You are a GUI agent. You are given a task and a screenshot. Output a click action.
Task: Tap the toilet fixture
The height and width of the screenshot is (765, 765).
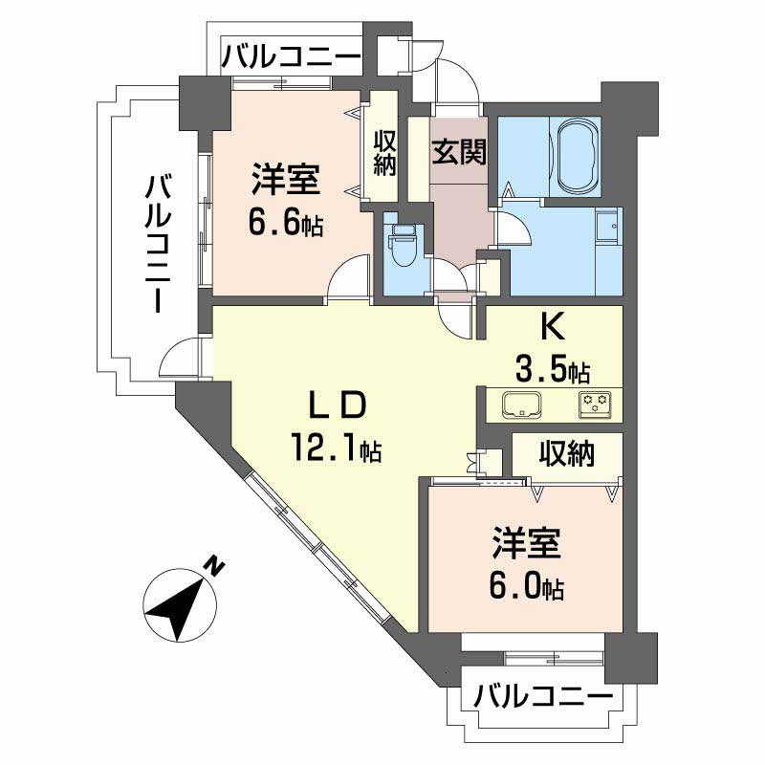[x=401, y=247]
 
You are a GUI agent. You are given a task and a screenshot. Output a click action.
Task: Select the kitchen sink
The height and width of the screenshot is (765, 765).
[x=522, y=404]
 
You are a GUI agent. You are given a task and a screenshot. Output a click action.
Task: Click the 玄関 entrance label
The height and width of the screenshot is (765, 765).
[x=460, y=153]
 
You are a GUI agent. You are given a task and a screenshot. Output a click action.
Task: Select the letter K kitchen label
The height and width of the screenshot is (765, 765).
[x=552, y=329]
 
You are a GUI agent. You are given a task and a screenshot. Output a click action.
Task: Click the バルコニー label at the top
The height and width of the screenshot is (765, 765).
[x=292, y=56]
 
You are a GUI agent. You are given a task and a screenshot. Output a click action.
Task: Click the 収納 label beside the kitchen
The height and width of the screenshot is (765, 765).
[x=565, y=452]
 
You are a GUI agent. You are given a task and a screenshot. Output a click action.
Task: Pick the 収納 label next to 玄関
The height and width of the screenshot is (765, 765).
[x=385, y=153]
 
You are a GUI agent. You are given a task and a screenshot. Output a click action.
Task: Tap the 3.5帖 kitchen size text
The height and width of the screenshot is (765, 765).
[x=553, y=368]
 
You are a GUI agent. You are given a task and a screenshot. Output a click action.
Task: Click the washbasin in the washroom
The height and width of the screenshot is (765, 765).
[x=605, y=226]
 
